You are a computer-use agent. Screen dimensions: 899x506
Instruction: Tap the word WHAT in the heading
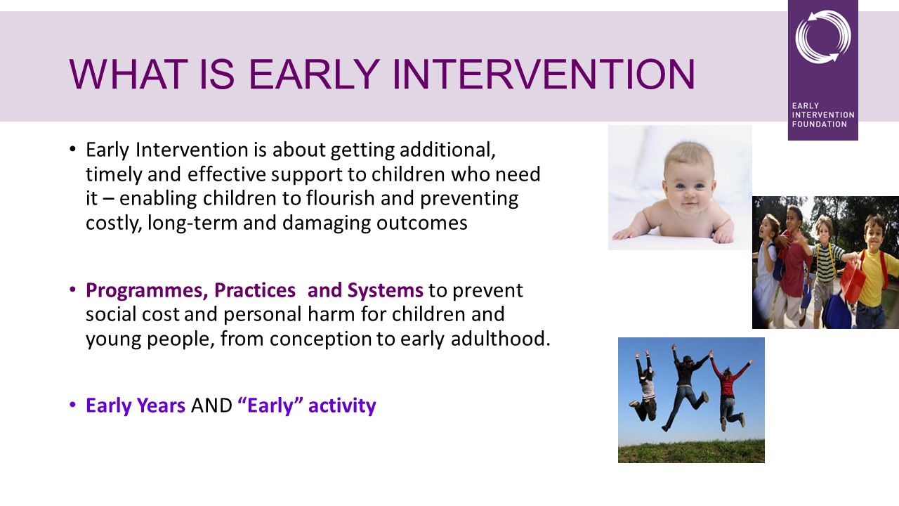pyautogui.click(x=129, y=74)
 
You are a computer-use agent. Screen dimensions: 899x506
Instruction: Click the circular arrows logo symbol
pyautogui.click(x=823, y=36)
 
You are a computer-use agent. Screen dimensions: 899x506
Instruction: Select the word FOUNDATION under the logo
pyautogui.click(x=820, y=124)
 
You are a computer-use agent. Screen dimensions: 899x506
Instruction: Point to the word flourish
pyautogui.click(x=341, y=198)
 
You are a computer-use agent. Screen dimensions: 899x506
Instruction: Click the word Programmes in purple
pyautogui.click(x=147, y=291)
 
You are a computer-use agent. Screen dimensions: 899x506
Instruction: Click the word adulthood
pyautogui.click(x=501, y=339)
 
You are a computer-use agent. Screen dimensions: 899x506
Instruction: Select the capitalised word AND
pyautogui.click(x=211, y=406)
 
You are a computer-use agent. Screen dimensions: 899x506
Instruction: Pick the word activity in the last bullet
pyautogui.click(x=342, y=406)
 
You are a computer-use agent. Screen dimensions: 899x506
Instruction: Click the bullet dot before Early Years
pyautogui.click(x=72, y=404)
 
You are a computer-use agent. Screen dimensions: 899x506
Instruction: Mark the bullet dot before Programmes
pyautogui.click(x=72, y=289)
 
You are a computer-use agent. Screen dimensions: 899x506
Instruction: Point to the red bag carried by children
pyautogui.click(x=850, y=281)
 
